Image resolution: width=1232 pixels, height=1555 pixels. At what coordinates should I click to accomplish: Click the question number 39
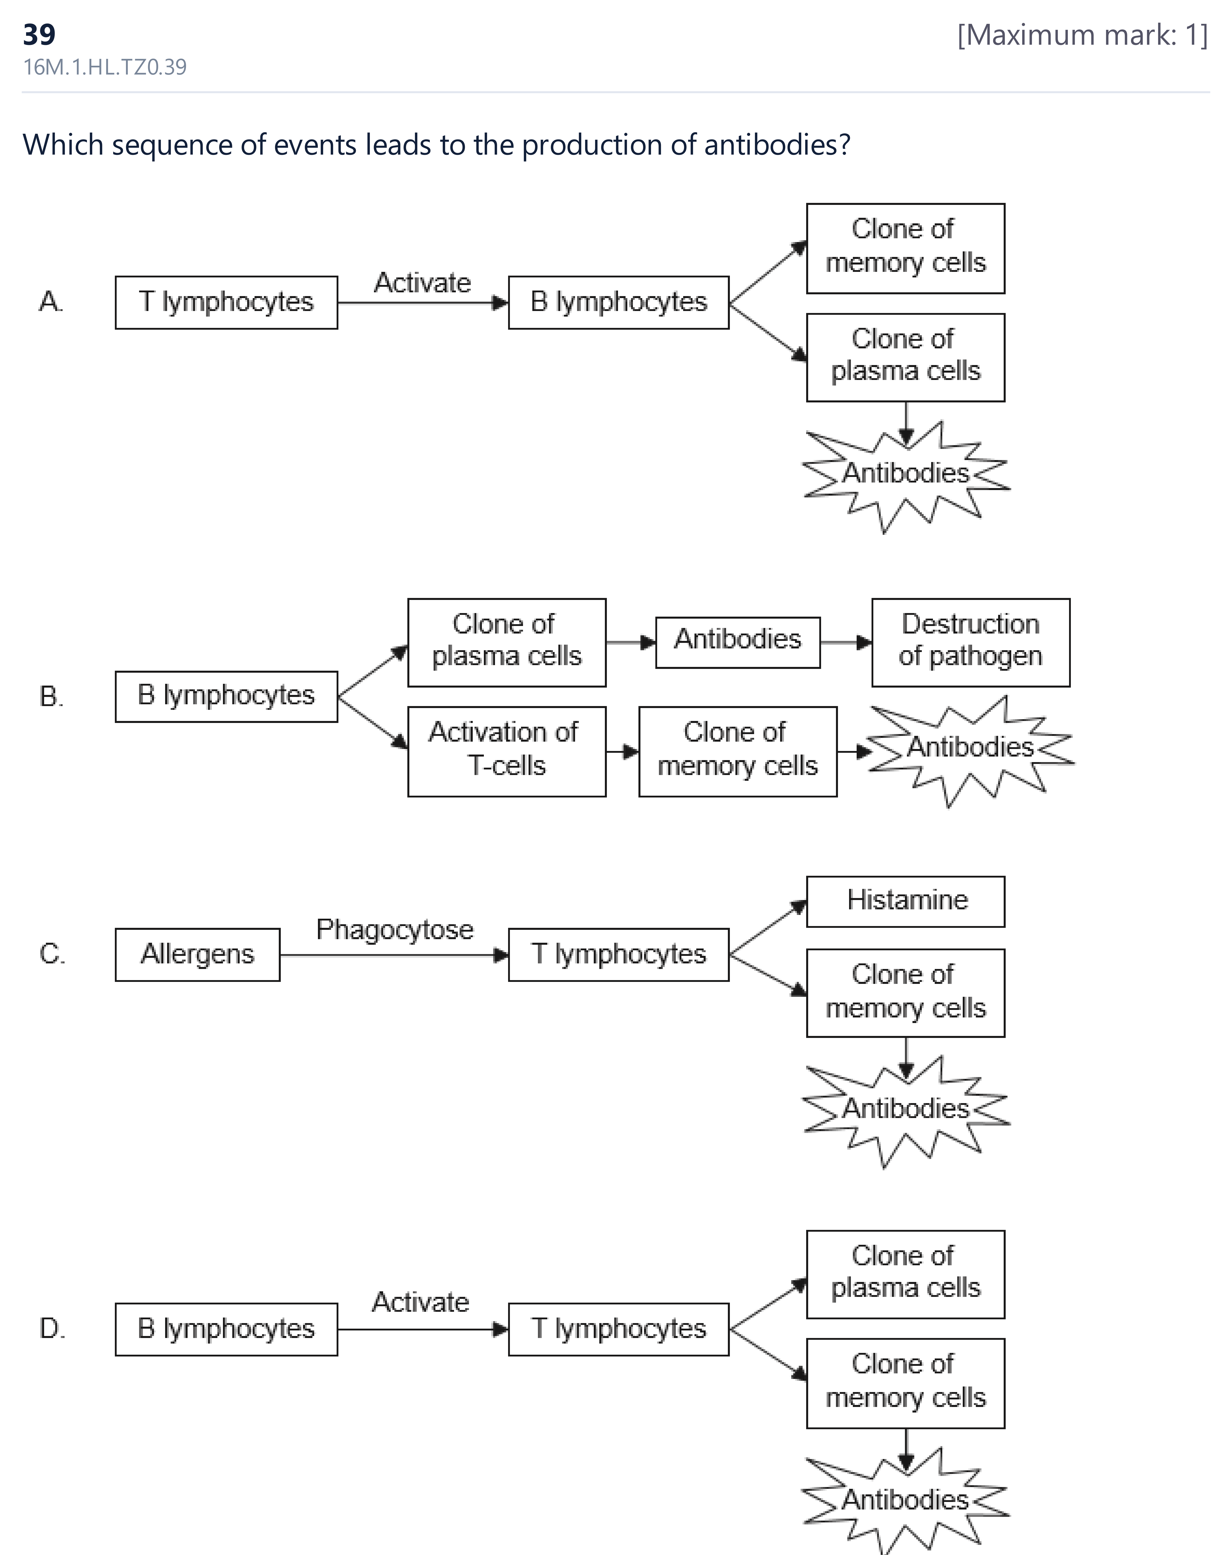click(x=39, y=34)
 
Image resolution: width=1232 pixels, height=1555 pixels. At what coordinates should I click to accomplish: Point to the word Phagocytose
click(x=395, y=930)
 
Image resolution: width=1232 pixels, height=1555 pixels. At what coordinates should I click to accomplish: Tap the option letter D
click(x=52, y=1328)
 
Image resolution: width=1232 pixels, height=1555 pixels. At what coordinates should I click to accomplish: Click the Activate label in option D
click(x=420, y=1302)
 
